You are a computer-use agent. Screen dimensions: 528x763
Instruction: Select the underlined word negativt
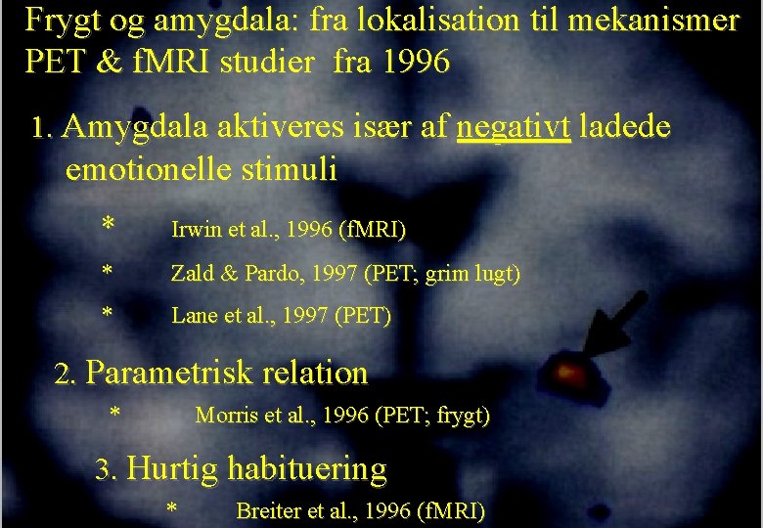click(x=514, y=127)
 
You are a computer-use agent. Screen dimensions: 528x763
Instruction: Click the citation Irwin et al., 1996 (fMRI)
click(x=289, y=231)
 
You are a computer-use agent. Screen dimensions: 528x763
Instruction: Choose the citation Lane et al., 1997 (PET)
click(x=281, y=316)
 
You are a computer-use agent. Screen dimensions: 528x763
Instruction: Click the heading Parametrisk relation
click(x=227, y=374)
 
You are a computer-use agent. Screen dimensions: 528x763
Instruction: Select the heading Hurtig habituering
click(x=256, y=469)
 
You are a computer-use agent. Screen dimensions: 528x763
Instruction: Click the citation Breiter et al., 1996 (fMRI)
click(x=360, y=510)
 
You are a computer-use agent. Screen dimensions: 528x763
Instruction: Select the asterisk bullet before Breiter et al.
click(x=172, y=509)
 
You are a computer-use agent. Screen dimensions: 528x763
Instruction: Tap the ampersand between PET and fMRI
click(x=106, y=63)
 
